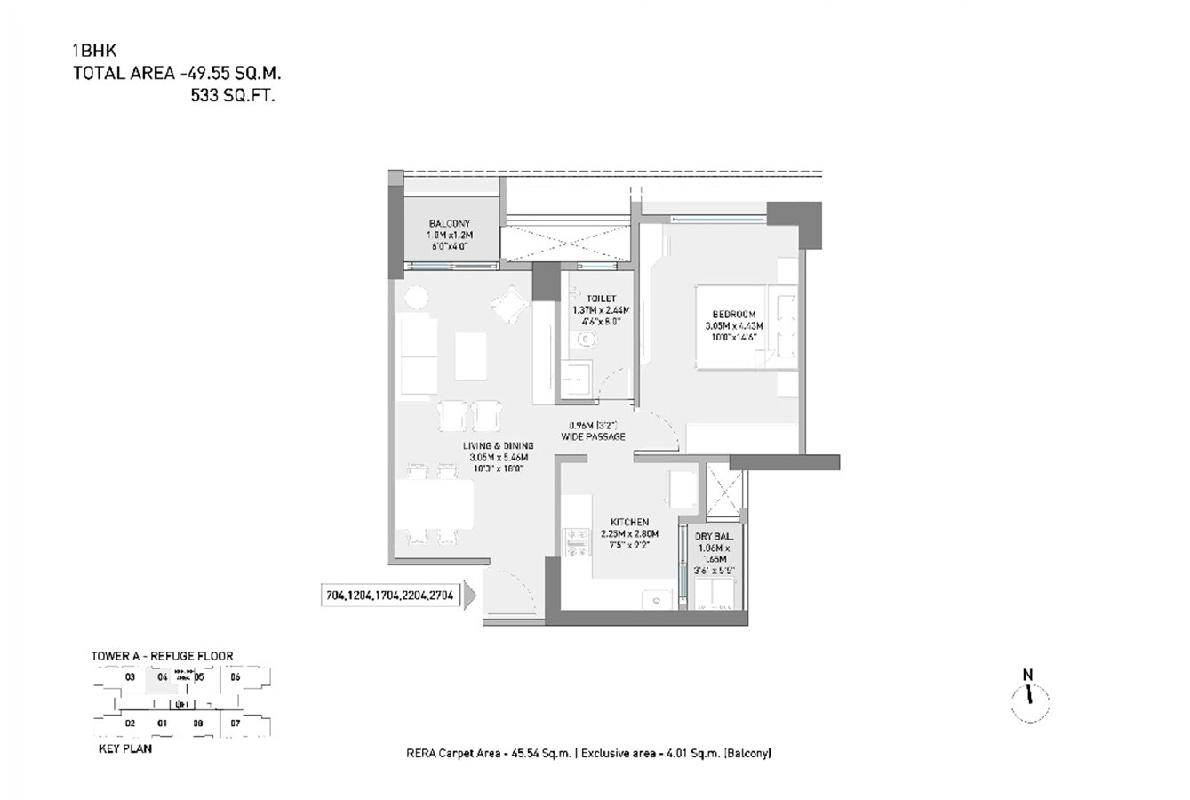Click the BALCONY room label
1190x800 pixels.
[449, 223]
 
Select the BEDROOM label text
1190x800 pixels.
[734, 314]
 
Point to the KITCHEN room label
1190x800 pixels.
[629, 522]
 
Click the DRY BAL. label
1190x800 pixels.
[714, 537]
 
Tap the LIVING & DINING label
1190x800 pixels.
[498, 445]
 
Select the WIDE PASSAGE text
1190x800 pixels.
[593, 436]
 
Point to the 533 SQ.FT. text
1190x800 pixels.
[233, 96]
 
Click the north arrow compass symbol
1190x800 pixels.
[1029, 699]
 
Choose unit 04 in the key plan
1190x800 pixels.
[162, 677]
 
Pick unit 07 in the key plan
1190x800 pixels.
[236, 724]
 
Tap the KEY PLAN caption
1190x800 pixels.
[124, 749]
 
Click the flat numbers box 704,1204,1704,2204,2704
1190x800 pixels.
[391, 597]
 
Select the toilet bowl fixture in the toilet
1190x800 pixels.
[586, 339]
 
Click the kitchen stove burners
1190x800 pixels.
[575, 542]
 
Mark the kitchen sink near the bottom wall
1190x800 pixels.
[657, 600]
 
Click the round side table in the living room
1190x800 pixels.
[415, 297]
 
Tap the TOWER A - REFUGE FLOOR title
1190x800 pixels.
[162, 656]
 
